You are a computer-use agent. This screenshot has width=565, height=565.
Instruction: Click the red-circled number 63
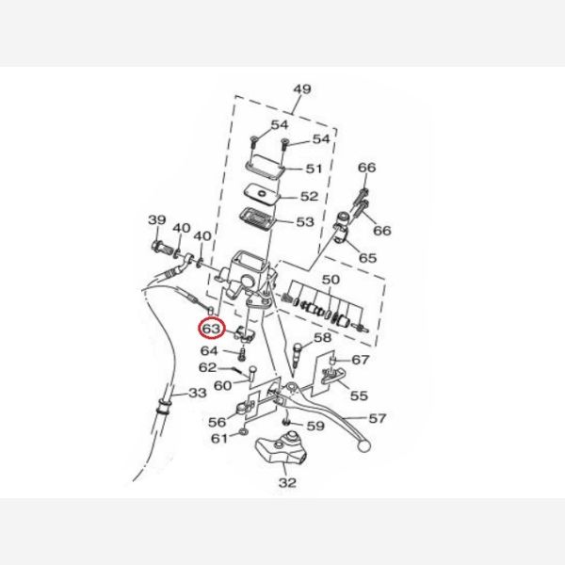212,329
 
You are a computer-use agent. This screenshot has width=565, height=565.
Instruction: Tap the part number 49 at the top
302,89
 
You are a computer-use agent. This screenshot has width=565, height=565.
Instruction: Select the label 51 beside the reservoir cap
314,169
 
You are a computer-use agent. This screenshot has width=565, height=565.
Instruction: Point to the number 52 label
310,197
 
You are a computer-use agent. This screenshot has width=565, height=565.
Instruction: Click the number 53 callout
305,221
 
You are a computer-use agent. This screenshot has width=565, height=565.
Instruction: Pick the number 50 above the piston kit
331,280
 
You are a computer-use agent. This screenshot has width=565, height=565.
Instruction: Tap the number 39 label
157,219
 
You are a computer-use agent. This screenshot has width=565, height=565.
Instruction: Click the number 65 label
367,258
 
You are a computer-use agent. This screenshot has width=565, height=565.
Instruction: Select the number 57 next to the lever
378,418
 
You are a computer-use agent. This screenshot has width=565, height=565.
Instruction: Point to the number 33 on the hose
198,393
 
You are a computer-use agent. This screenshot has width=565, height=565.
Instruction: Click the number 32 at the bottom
287,482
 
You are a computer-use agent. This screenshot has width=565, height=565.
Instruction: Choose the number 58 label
322,338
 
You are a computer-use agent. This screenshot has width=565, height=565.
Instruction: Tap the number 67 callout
361,360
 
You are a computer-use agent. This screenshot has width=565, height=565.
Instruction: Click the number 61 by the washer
219,439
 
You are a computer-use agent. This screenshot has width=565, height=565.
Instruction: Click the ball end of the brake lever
363,446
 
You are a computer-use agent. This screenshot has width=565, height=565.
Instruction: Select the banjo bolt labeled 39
163,249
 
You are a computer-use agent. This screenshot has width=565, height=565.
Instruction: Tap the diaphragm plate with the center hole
262,193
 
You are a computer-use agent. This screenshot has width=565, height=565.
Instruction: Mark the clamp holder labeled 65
343,228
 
